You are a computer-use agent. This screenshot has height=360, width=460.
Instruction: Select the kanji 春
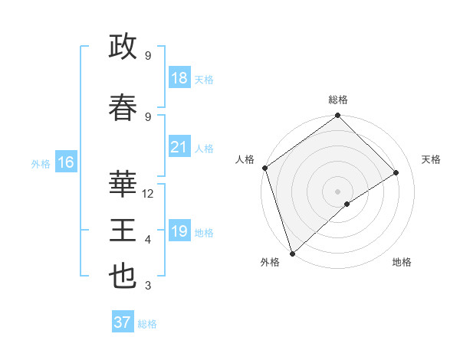tap(123, 106)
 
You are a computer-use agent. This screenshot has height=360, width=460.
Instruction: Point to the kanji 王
tap(123, 230)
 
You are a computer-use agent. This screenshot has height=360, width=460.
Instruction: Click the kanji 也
tap(123, 277)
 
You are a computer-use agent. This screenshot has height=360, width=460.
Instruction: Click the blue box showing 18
tap(179, 79)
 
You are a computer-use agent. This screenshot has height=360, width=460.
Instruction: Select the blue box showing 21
tap(179, 148)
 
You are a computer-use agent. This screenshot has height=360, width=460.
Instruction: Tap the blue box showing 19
tap(179, 232)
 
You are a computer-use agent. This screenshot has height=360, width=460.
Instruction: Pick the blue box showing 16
tap(65, 162)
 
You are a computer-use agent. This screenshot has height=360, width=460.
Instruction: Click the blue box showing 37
tap(123, 322)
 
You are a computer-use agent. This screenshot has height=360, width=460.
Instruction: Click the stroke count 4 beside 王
tap(148, 240)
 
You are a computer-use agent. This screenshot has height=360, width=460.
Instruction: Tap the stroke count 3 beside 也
tap(148, 286)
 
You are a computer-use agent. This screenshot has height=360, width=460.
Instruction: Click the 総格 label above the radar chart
tap(337, 100)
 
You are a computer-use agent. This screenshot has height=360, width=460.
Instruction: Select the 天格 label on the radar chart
tap(431, 159)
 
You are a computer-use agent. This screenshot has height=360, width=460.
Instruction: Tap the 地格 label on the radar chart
tap(402, 262)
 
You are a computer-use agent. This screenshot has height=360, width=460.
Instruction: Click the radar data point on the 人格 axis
tap(264, 168)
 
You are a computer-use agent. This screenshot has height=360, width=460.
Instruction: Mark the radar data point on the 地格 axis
tap(347, 204)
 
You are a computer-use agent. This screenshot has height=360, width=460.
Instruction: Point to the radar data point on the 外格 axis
tap(291, 253)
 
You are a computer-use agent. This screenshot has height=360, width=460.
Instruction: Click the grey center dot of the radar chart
tap(337, 191)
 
